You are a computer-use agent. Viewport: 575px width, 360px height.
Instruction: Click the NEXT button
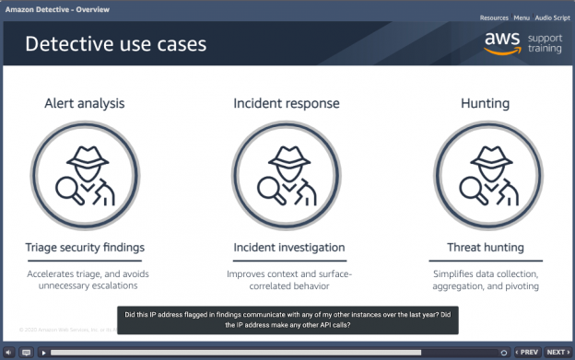(556, 352)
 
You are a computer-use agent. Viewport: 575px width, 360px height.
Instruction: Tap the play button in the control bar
(42, 352)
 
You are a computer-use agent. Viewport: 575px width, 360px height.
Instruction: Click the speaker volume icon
(8, 352)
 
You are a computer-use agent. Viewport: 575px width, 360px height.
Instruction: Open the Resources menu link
(494, 17)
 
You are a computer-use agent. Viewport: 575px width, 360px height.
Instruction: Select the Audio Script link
(552, 17)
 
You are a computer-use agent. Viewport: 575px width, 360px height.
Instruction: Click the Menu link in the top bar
(522, 17)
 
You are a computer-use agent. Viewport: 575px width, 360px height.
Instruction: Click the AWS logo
(503, 43)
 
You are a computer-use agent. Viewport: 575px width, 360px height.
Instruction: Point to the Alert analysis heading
(85, 103)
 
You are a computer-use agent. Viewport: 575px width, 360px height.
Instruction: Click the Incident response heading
(287, 103)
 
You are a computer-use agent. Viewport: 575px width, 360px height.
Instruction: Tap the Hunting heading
(485, 103)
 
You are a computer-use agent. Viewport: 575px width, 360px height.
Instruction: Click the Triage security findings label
(85, 247)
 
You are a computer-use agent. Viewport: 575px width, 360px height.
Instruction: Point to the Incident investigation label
(288, 247)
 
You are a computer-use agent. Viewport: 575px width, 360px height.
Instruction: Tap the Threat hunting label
(486, 247)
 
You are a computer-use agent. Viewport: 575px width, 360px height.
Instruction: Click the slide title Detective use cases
(115, 43)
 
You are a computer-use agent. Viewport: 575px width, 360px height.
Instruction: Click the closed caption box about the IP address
(287, 319)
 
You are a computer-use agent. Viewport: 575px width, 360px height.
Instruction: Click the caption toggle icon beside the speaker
(26, 352)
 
